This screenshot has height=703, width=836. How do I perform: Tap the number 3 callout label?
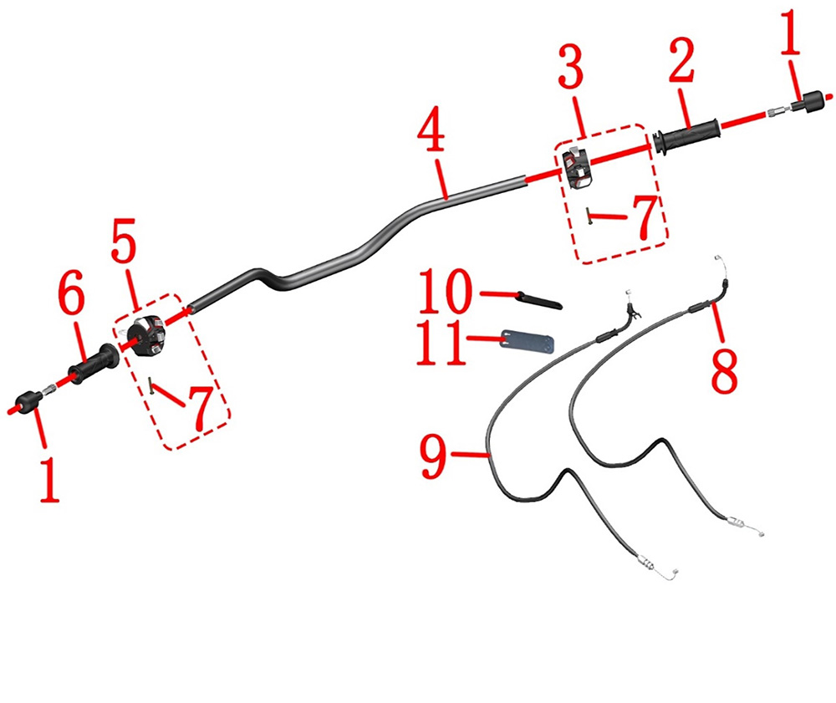(x=571, y=68)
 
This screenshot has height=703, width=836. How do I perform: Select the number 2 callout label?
(x=682, y=59)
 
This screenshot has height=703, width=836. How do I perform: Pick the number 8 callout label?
(x=724, y=371)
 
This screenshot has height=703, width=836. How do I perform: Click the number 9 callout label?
(x=433, y=456)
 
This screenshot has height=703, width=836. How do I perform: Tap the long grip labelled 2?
(x=686, y=138)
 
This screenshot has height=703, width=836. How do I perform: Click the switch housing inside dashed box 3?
(x=578, y=168)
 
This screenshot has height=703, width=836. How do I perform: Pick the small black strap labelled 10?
(x=539, y=299)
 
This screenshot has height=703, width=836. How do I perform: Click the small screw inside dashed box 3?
(x=589, y=216)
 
